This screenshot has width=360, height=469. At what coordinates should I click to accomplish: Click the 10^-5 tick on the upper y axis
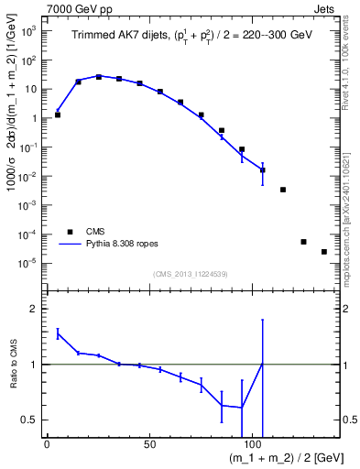click(x=27, y=264)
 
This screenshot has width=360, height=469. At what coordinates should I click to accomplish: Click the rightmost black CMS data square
click(x=324, y=252)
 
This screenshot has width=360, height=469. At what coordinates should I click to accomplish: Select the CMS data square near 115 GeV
click(x=283, y=190)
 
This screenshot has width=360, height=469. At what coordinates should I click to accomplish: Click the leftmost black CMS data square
click(x=58, y=115)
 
